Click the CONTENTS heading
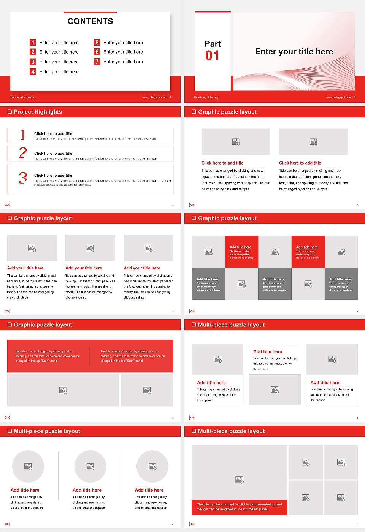point(90,21)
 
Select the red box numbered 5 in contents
point(97,43)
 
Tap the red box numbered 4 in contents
point(33,71)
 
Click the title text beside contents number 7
point(123,62)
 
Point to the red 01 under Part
point(212,56)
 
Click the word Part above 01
point(213,44)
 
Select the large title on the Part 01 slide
point(294,52)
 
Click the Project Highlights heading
point(38,112)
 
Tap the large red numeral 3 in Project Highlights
point(23,178)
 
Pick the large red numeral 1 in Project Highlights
point(23,135)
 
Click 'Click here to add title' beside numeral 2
point(53,154)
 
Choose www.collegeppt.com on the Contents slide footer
point(154,97)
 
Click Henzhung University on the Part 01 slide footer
point(206,97)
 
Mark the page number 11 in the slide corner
point(357,524)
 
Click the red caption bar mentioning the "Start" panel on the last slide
point(239,507)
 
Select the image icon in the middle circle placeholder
point(90,466)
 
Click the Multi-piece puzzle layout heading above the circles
point(47,431)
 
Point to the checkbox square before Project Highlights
point(10,112)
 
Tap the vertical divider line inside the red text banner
point(90,356)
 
